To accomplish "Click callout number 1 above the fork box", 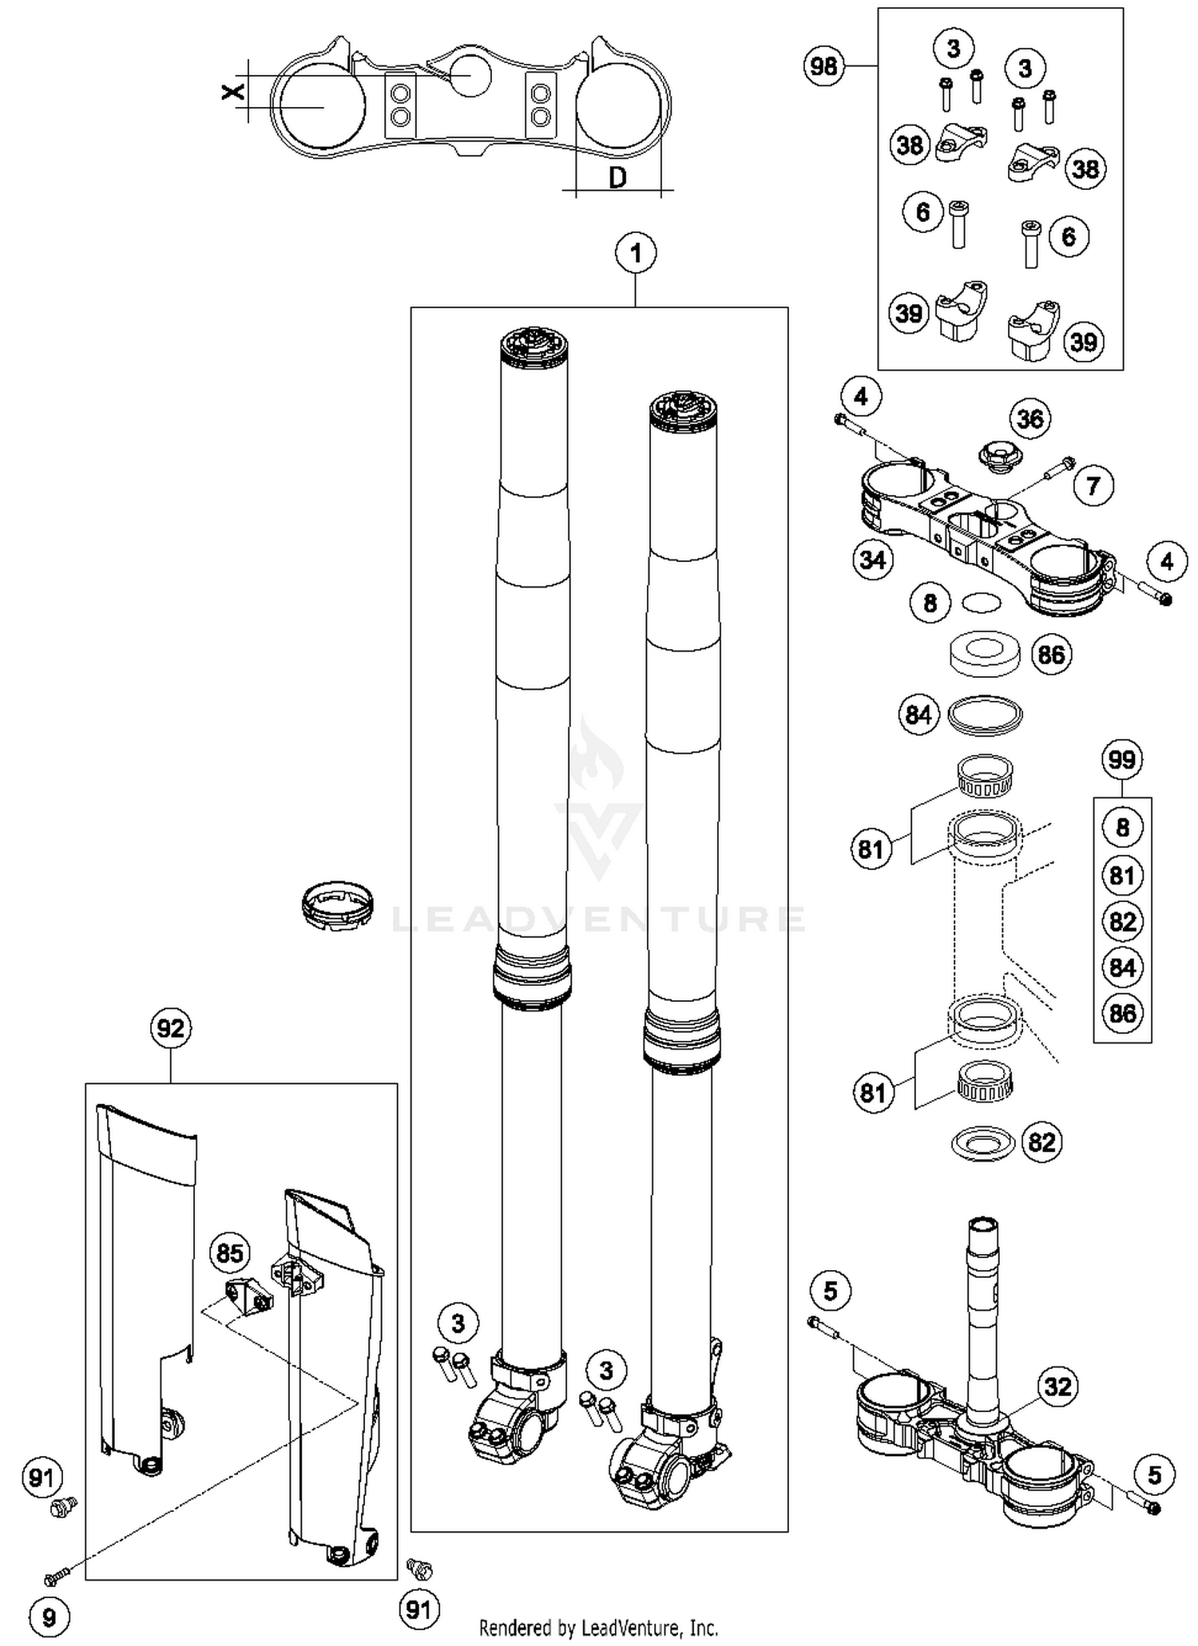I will tap(636, 254).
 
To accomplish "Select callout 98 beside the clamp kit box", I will tap(823, 65).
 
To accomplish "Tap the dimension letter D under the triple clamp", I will tap(617, 178).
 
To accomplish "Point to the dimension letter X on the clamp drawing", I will tap(232, 93).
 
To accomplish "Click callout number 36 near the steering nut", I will tap(1029, 418).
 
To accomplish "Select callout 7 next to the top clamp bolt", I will tap(1093, 485).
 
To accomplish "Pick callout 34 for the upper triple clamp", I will tap(872, 560).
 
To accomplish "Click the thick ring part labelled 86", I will tap(985, 655).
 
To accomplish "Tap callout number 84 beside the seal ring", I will tap(918, 714).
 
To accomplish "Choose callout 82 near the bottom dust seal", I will tap(1041, 1142).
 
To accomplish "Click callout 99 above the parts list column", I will tap(1122, 759).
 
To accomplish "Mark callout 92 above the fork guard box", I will tap(171, 1028).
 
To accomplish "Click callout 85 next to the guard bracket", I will tap(229, 1253).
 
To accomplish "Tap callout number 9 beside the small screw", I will tap(49, 1617).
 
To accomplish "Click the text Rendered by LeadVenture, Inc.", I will tap(598, 1627).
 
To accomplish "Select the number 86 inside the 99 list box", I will tap(1122, 1013).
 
